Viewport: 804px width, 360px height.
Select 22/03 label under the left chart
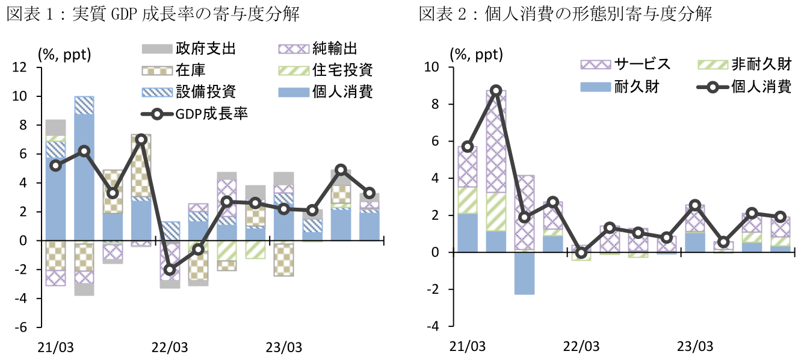point(169,347)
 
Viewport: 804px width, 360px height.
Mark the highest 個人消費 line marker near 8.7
point(495,91)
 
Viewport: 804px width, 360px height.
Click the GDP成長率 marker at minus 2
point(170,270)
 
